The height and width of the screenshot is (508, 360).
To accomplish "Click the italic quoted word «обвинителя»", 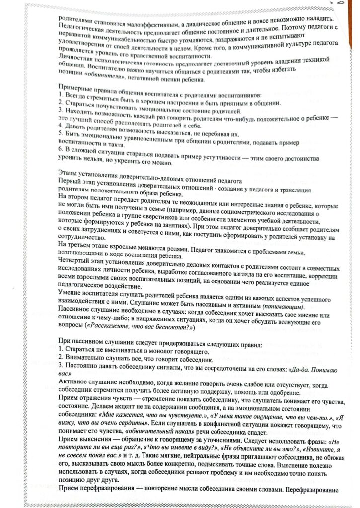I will click(105, 78).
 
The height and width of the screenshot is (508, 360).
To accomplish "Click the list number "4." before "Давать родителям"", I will click(61, 127).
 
